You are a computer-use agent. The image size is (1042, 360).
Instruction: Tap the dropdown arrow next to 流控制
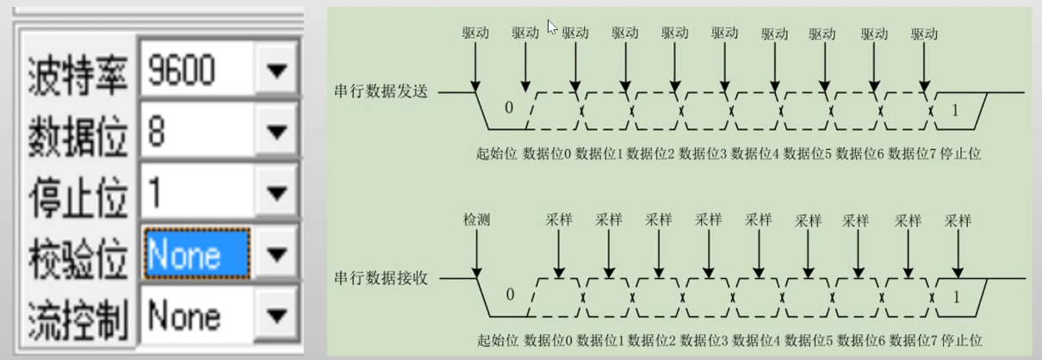click(276, 316)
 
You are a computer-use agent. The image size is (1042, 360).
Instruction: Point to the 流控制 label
click(77, 320)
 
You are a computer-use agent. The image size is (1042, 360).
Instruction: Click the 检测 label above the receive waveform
click(476, 220)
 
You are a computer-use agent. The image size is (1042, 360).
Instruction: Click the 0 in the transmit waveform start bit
click(509, 108)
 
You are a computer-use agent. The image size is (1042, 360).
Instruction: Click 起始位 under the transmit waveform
click(496, 153)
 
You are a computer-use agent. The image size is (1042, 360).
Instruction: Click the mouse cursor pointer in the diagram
click(552, 27)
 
